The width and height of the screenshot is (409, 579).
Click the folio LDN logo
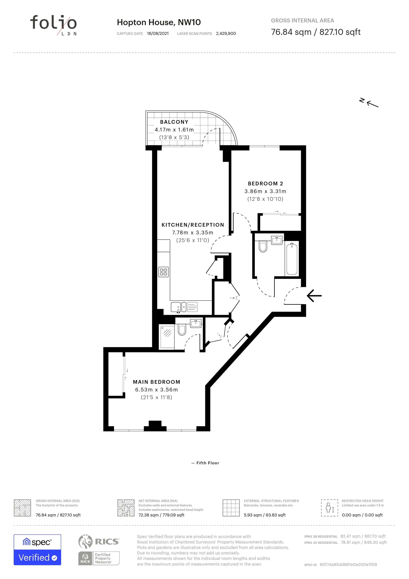click(x=53, y=25)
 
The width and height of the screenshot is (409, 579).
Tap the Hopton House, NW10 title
click(x=159, y=22)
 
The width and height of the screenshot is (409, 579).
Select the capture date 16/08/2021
click(x=158, y=33)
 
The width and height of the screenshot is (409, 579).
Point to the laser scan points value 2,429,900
click(x=226, y=33)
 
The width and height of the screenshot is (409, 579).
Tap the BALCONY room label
click(x=174, y=122)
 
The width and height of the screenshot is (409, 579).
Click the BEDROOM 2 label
click(x=265, y=184)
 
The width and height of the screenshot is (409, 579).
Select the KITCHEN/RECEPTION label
click(x=193, y=225)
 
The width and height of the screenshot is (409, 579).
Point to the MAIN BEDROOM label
click(x=157, y=382)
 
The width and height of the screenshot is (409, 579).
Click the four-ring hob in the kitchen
click(x=164, y=272)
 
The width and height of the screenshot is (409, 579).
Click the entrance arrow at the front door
click(x=314, y=295)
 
